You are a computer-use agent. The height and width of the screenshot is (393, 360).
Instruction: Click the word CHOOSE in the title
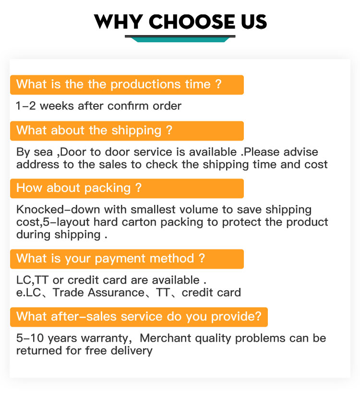[x=192, y=22]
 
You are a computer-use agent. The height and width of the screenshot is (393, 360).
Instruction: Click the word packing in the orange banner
[x=108, y=188]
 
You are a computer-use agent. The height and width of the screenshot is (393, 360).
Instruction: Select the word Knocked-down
[x=58, y=210]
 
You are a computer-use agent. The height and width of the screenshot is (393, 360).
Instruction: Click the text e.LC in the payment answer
[x=28, y=293]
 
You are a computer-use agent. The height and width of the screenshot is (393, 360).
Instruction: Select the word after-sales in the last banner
[x=84, y=317]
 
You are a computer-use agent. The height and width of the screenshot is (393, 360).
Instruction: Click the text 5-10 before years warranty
[x=30, y=338]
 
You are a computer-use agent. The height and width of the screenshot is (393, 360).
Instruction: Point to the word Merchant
[x=165, y=338]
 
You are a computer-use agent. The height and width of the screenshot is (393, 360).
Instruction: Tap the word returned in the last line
[x=39, y=351]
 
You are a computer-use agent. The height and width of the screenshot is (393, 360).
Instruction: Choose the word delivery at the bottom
[x=132, y=351]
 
